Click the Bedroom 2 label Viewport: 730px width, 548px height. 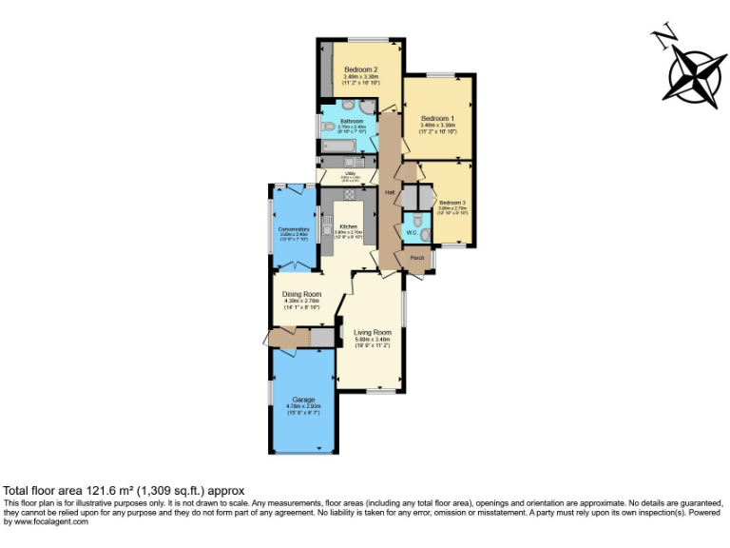coord(361,70)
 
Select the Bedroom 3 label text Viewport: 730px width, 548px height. coord(451,203)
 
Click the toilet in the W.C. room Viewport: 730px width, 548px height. coord(425,232)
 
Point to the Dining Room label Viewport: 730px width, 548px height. coord(301,294)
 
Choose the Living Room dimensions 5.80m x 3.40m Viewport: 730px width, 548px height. coord(373,340)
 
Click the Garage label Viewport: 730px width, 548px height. coord(303,399)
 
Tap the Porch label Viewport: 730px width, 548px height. coord(416,258)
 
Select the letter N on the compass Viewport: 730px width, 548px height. coord(662,37)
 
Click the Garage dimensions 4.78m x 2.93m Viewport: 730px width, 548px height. coord(303,406)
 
